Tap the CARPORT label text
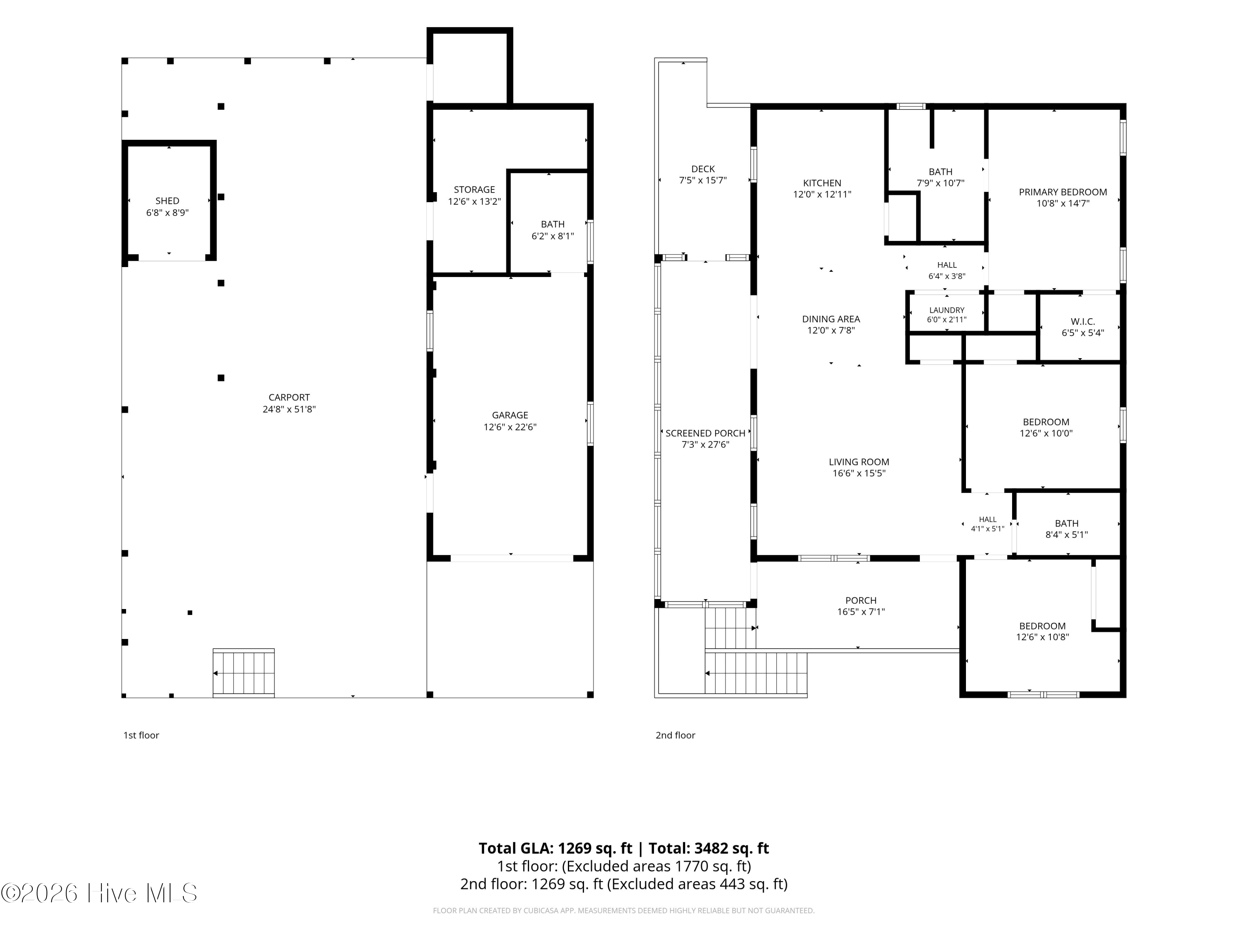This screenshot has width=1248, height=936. pos(289,397)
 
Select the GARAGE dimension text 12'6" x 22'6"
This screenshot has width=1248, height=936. pos(510,427)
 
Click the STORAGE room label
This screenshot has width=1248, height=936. pos(475,190)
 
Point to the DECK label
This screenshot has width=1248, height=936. pos(703,169)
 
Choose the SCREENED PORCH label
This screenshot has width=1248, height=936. pos(705,433)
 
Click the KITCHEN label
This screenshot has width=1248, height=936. pos(822,183)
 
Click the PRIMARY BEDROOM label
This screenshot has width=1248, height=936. pos(1063,192)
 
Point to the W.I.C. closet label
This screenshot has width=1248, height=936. pos(1083,321)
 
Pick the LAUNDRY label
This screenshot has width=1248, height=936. pos(947,310)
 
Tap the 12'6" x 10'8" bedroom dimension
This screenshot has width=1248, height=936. pos(1042,637)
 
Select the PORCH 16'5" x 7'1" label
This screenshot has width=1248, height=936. pos(861,606)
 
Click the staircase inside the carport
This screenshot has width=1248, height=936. pos(244,673)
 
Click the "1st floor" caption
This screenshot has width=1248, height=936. pos(141,735)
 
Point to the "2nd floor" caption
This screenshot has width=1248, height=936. pos(675,735)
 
